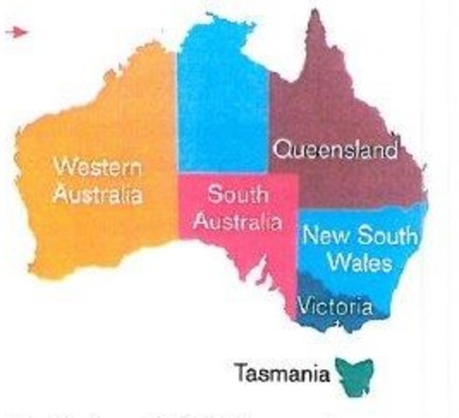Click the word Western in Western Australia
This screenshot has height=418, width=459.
(97, 166)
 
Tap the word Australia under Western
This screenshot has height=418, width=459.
(97, 194)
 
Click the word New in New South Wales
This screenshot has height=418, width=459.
(325, 236)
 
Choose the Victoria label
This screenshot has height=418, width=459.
(335, 307)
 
